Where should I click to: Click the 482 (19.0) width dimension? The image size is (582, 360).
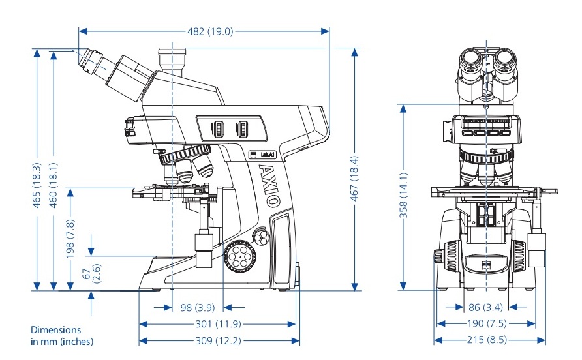point(204,31)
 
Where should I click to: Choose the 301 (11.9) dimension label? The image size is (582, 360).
point(219,323)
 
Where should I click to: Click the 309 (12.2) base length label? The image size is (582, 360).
point(219,340)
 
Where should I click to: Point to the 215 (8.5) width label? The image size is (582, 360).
point(489,340)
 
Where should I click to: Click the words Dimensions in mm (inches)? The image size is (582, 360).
point(62,336)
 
